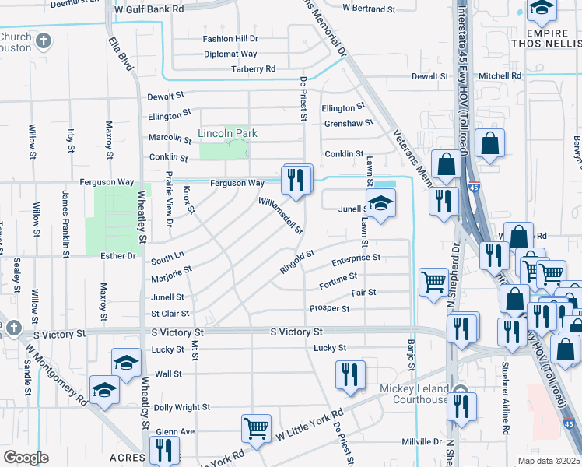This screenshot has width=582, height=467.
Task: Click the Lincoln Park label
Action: point(227,133)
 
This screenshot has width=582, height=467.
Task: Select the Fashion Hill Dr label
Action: point(230,38)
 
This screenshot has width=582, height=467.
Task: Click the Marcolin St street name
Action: point(170,138)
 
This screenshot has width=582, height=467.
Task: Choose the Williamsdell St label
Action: point(281,214)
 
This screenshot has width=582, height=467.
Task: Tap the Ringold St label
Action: point(297,261)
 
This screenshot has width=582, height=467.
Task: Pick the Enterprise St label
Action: point(356,257)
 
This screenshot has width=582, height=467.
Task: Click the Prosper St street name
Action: point(329,308)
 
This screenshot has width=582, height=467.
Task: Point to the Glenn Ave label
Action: point(175,431)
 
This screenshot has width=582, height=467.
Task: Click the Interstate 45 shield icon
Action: point(474,187)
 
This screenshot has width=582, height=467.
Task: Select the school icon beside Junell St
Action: point(380,205)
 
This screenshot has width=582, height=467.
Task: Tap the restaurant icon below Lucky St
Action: point(350,375)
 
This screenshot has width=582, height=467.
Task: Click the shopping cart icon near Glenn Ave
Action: point(256,427)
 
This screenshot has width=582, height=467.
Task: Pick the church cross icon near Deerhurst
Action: point(44,40)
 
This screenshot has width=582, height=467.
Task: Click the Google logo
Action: point(26,458)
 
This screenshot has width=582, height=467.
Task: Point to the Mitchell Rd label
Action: point(500,76)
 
